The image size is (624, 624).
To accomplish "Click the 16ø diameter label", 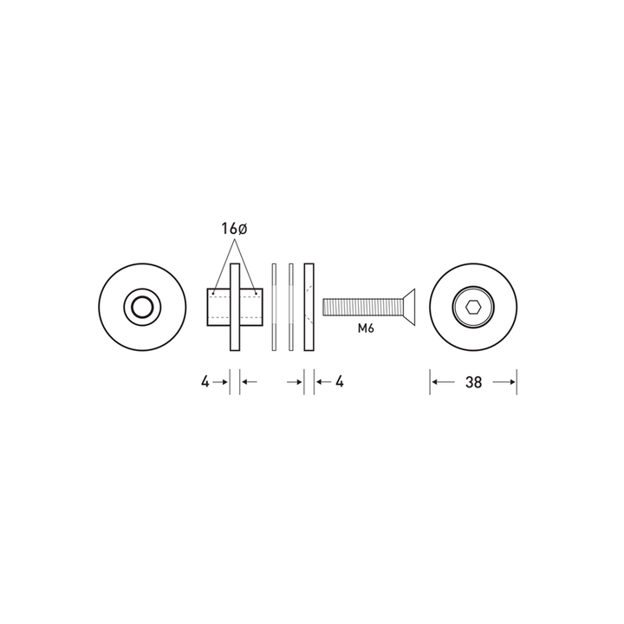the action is tap(234, 229).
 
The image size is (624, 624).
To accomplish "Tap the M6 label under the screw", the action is tap(366, 328).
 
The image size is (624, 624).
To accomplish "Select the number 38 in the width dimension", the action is tap(473, 382).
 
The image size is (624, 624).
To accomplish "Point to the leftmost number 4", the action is tap(205, 382).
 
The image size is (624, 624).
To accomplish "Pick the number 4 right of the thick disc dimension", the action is tap(340, 382).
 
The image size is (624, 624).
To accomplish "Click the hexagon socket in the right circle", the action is tap(473, 307).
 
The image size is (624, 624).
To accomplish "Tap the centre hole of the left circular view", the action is tap(142, 307).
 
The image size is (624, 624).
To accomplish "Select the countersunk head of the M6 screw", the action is tap(409, 307).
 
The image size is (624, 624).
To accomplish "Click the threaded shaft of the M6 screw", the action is tap(363, 307).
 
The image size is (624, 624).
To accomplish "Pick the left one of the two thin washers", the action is tap(274, 307).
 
